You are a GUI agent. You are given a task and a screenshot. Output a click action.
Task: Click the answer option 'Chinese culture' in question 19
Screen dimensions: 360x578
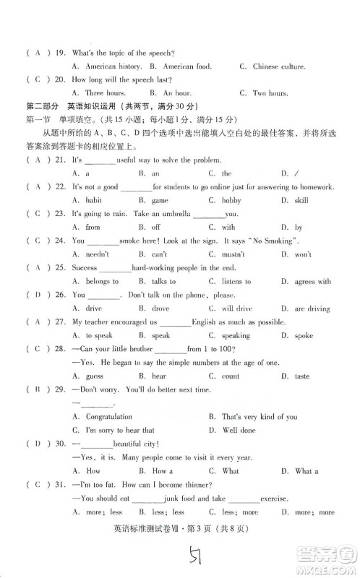point(278,66)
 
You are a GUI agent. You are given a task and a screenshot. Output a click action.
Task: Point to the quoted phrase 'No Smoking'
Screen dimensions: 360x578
point(273,241)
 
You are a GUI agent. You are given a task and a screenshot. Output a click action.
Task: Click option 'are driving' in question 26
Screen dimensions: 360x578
point(314,309)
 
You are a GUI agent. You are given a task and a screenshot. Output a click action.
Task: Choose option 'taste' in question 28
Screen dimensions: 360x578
point(303,376)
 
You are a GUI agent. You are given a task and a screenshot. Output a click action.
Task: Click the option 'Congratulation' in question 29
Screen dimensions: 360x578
point(109,417)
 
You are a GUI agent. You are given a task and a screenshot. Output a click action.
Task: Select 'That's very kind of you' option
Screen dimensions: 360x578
point(249,417)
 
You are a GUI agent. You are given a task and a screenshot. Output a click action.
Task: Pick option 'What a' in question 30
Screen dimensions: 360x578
point(307,471)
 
